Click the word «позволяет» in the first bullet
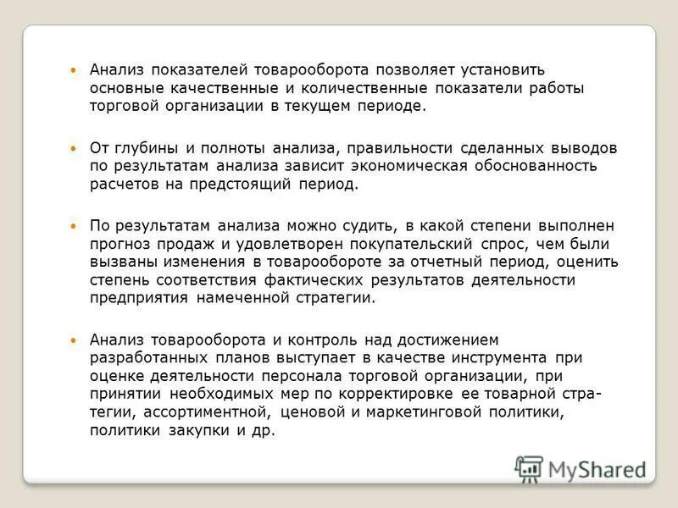tap(411, 69)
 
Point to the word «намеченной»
tap(237, 298)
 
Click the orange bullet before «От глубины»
tap(73, 147)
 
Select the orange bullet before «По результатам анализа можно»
tap(73, 225)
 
